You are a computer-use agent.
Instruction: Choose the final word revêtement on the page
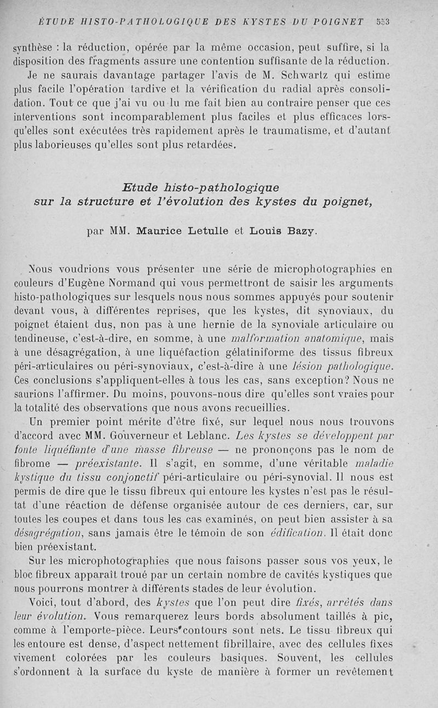pos(367,672)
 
